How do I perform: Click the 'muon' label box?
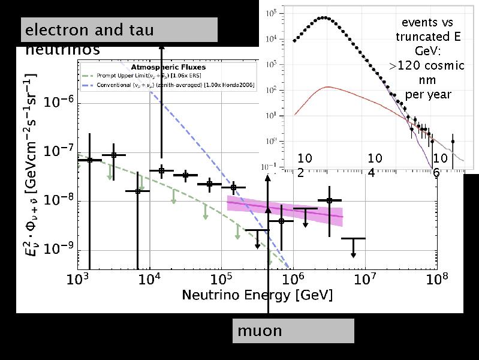(293, 331)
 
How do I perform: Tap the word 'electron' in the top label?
(58, 29)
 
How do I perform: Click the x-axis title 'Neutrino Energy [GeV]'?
(257, 295)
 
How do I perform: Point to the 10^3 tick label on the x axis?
(77, 279)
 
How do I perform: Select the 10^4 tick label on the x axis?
(149, 279)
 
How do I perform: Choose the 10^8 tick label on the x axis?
(436, 279)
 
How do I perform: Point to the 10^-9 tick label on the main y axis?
(58, 250)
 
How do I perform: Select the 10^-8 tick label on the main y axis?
(58, 200)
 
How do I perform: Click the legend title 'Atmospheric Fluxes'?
(168, 67)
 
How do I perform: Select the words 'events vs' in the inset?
(427, 23)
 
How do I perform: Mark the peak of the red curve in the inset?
(327, 87)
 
